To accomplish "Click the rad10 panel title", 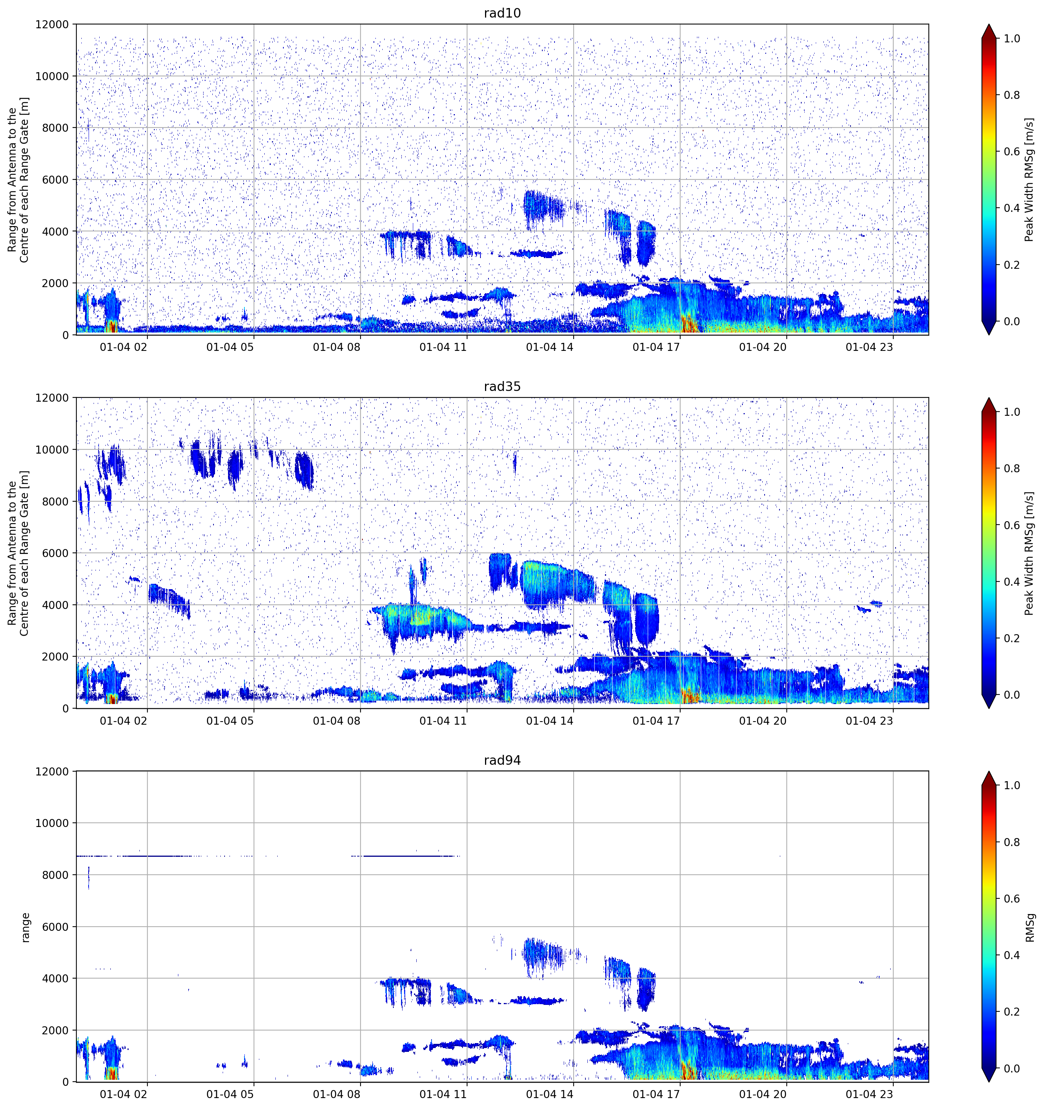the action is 502,13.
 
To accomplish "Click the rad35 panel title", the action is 502,386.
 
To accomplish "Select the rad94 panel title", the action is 502,760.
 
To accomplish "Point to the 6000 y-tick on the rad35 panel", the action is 56,554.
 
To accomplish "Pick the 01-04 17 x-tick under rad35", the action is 656,720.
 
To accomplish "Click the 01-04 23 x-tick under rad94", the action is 869,1095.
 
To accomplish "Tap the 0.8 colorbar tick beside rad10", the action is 1012,95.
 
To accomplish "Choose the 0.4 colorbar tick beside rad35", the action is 1012,582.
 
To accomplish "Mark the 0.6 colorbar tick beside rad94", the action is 1012,899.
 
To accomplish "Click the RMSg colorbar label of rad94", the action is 1030,927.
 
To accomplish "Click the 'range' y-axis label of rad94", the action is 25,927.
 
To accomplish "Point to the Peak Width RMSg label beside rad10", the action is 1029,179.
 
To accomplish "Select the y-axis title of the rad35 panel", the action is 18,553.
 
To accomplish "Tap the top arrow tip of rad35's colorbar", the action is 988,398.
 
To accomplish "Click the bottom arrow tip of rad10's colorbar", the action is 988,335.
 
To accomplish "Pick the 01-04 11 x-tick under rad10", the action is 443,347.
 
